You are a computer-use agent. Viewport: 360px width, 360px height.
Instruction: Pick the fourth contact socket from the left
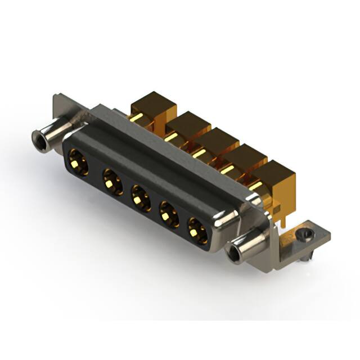168,214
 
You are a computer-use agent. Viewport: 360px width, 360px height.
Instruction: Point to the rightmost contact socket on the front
197,230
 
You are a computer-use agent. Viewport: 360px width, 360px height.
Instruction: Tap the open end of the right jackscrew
232,251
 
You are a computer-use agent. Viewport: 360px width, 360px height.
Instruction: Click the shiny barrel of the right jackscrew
250,241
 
